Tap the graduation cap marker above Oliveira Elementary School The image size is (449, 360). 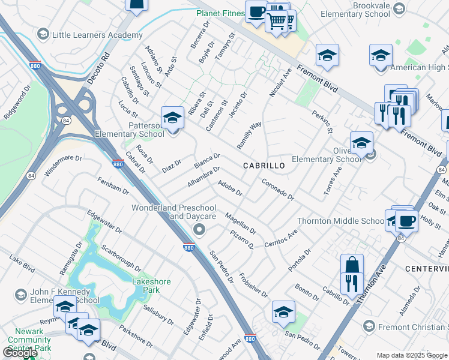pos(362,143)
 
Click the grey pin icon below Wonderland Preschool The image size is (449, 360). pos(199,230)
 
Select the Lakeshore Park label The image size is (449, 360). pos(151,286)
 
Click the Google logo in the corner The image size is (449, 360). pos(20,353)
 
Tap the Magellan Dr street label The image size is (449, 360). pos(240,223)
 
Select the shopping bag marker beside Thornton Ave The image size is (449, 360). pos(352,265)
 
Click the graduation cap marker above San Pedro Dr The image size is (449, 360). pos(283,311)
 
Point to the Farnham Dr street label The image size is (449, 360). pos(113,185)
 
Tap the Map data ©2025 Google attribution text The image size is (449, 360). pos(412,355)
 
